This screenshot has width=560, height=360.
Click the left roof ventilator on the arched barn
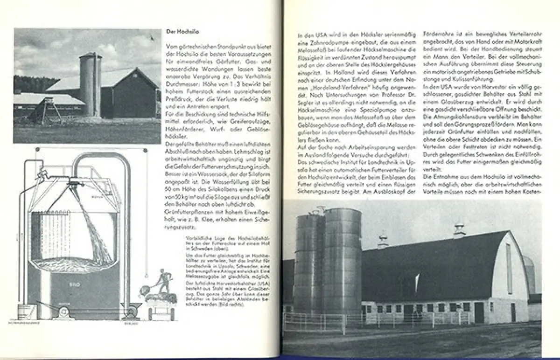383,239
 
